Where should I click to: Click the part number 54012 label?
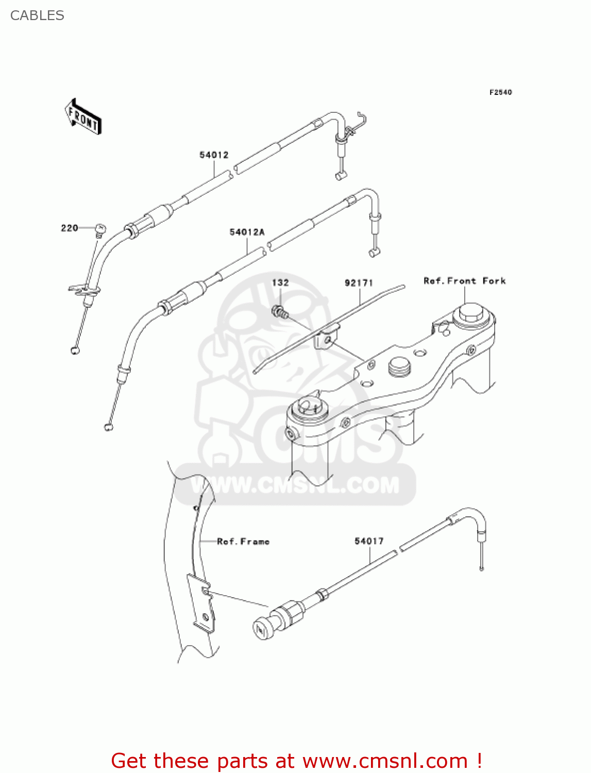point(214,155)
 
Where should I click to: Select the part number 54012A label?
point(247,232)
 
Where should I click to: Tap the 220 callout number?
point(70,228)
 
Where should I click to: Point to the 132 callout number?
point(280,282)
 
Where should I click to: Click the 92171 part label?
point(359,283)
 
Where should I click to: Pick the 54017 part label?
point(369,541)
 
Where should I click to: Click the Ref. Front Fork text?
point(464,281)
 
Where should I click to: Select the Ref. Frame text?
point(243,542)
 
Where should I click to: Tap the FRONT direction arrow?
point(83,117)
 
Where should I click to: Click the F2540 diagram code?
point(500,92)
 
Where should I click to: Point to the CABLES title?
point(37,15)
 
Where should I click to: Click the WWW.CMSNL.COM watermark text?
point(295,485)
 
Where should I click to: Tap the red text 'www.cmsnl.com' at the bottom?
point(385,761)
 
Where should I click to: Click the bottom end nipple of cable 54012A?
point(108,426)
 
